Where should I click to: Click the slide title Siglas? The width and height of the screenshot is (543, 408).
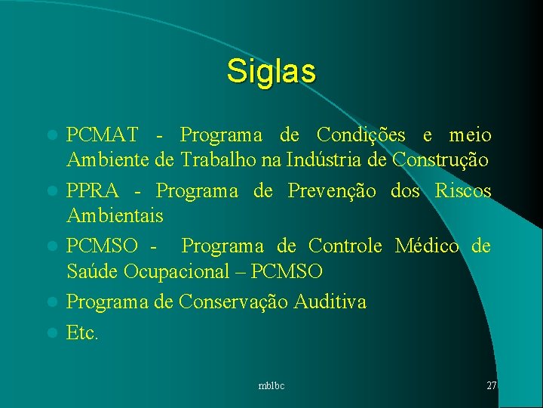pos(271,71)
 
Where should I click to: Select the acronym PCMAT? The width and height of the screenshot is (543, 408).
pos(102,135)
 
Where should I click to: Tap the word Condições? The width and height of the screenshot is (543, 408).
pos(361,135)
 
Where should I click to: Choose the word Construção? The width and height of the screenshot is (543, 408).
pos(441,160)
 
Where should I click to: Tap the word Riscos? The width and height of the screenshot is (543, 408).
pos(463,191)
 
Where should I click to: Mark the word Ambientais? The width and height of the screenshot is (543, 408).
pos(115,216)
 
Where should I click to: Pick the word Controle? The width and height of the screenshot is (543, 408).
pos(345,246)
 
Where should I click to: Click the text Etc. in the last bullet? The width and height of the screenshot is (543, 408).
pos(82,333)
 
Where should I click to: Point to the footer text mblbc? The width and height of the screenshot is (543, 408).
pos(271,386)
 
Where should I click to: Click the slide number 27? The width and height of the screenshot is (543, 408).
pos(491,385)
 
